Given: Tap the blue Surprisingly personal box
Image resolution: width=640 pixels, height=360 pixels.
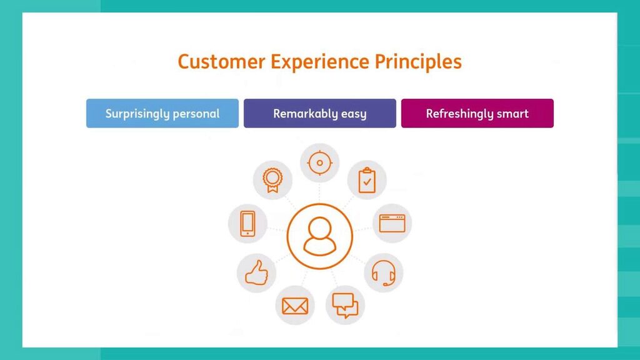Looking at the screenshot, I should [x=162, y=114].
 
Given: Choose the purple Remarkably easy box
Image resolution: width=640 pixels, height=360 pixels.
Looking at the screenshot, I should [x=320, y=114].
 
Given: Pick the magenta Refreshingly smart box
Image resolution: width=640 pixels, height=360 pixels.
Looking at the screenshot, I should [x=477, y=114].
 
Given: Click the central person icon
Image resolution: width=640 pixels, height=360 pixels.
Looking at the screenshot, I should [x=320, y=236].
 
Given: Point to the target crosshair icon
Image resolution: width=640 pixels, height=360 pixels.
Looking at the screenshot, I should [x=320, y=163].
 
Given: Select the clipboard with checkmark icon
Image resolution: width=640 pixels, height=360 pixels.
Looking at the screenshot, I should [x=367, y=181].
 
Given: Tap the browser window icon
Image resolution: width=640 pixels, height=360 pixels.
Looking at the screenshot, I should [x=392, y=223].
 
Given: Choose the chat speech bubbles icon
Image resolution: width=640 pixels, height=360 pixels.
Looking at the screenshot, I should [x=345, y=305].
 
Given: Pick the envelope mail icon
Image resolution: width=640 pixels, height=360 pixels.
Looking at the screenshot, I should [x=295, y=306].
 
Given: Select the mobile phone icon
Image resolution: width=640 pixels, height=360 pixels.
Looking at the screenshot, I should [x=247, y=223].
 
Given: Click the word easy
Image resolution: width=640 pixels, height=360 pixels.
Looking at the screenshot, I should [x=354, y=114].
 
